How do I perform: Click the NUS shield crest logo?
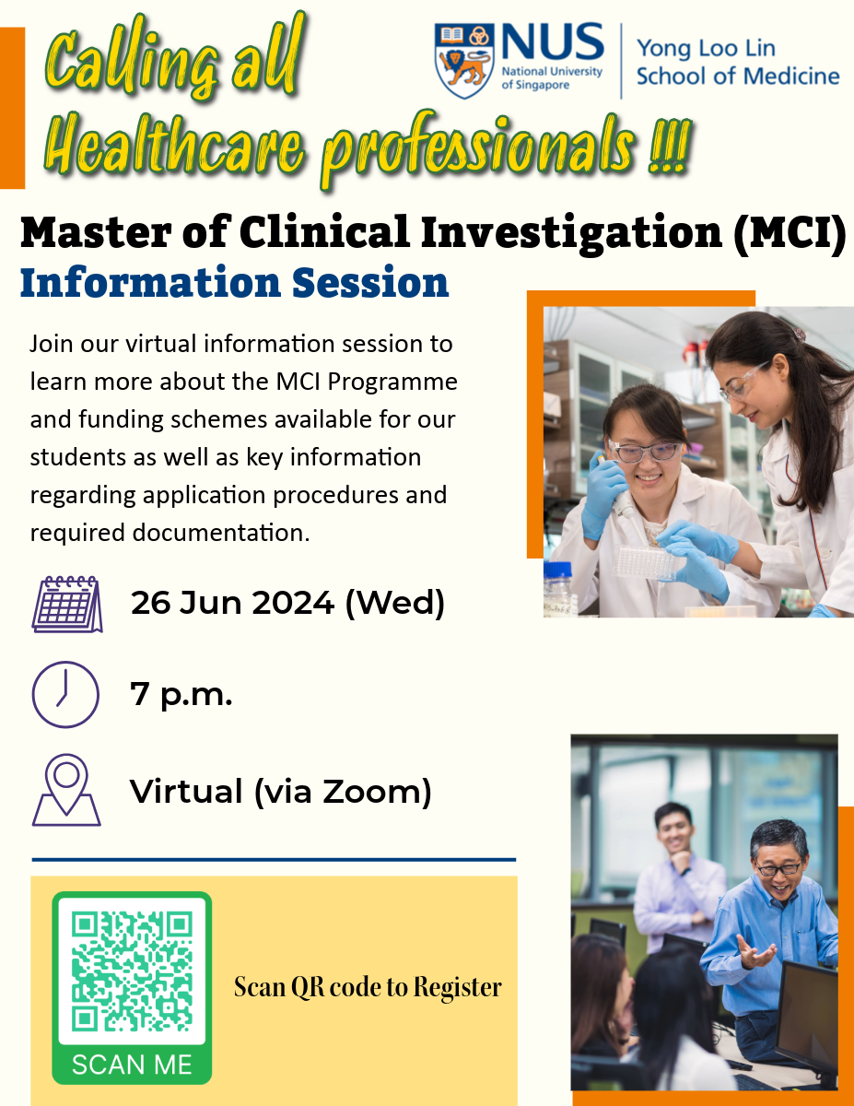tap(464, 60)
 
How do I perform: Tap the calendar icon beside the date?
tap(67, 604)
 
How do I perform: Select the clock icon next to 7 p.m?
tap(65, 694)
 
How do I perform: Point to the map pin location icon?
tap(66, 790)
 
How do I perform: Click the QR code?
tap(132, 971)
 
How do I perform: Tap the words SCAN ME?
tap(132, 1065)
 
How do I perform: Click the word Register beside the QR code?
tap(457, 988)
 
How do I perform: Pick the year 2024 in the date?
tap(293, 603)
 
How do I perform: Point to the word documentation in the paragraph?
tap(221, 533)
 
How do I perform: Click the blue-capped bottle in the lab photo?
tap(558, 589)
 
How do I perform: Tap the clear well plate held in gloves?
tap(645, 563)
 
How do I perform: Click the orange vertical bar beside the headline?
tap(12, 108)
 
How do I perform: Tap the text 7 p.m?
tap(181, 694)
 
